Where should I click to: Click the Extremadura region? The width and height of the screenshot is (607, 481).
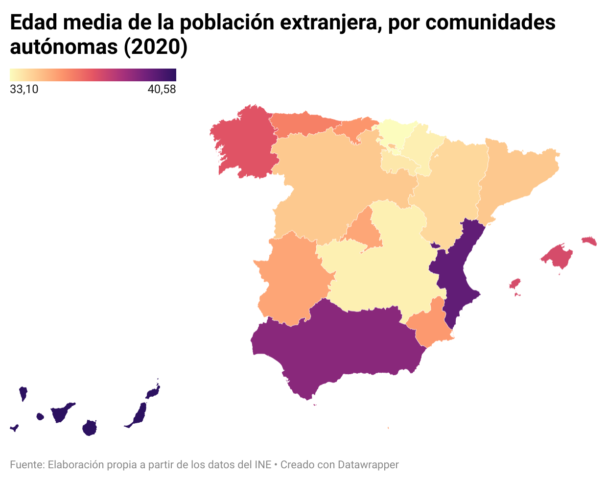291,279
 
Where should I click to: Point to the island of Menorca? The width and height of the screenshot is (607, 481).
589,240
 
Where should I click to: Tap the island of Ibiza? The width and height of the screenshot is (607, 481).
514,284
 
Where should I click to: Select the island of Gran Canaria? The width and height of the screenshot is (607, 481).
90,428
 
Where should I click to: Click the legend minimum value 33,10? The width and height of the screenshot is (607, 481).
24,89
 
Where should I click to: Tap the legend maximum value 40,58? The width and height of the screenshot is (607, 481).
162,89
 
